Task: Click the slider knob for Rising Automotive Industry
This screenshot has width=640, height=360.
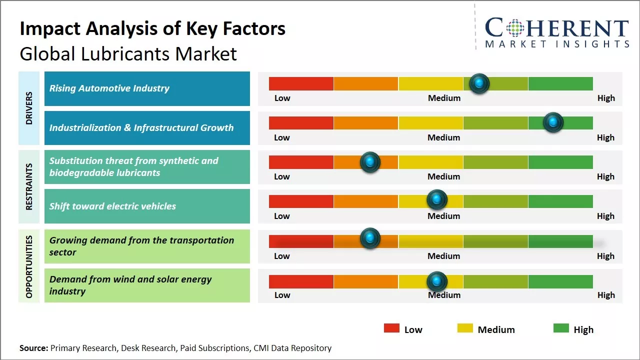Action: [479, 83]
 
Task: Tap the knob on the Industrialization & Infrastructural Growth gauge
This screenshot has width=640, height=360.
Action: [553, 122]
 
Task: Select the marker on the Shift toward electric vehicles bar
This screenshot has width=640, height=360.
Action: [437, 200]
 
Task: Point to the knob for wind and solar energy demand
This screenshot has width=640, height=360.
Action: [437, 281]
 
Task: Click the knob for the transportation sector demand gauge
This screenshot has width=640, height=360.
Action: [370, 238]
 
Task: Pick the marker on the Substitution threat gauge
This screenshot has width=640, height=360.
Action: [370, 162]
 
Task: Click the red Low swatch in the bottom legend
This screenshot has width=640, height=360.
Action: [391, 328]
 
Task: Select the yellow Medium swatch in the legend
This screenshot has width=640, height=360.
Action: [465, 328]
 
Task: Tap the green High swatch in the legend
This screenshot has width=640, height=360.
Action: [561, 328]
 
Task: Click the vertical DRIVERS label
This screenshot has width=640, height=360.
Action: [29, 108]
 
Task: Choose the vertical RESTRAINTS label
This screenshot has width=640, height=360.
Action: [29, 186]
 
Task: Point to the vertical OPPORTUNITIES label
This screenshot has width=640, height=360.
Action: [29, 266]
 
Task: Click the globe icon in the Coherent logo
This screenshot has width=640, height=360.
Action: [514, 28]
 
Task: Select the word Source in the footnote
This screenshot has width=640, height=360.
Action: [33, 348]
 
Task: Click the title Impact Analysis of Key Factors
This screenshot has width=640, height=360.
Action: [152, 29]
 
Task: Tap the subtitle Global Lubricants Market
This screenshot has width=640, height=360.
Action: [128, 54]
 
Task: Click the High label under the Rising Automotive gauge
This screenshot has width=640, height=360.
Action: [606, 98]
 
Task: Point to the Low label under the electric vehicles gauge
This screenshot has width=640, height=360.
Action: [282, 216]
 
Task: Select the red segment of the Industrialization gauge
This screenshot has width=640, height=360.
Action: [301, 123]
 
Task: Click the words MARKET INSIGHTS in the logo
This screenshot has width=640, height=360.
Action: [557, 44]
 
